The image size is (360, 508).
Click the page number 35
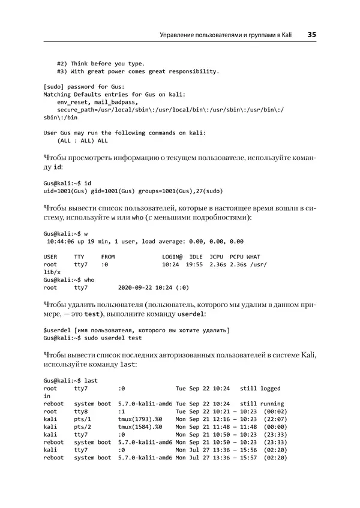(311, 35)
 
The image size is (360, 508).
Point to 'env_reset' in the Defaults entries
(73, 103)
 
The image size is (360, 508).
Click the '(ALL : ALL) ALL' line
(82, 140)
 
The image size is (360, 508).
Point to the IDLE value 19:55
(194, 264)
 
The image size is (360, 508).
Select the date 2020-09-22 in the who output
(135, 287)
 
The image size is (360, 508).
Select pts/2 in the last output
(82, 427)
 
